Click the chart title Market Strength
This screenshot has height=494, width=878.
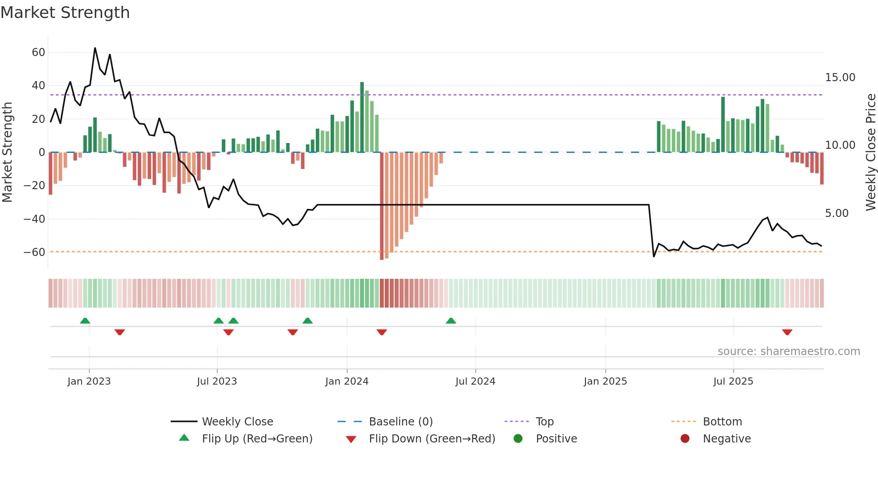click(65, 13)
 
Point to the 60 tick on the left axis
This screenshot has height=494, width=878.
click(39, 52)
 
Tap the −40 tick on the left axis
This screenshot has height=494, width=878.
click(34, 219)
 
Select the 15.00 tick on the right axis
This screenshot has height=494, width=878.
click(840, 78)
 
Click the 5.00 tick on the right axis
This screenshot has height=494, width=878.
click(836, 213)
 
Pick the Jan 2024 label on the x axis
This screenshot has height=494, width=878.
click(347, 381)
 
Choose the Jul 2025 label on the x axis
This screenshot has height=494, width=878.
click(733, 381)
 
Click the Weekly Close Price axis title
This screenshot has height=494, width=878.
click(870, 152)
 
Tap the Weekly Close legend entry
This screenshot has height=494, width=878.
click(237, 422)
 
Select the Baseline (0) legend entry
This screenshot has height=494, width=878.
click(400, 422)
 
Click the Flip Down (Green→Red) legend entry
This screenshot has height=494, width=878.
click(431, 439)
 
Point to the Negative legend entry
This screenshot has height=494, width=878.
click(726, 439)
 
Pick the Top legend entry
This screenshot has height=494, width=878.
click(544, 422)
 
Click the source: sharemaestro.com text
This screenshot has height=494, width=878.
click(788, 351)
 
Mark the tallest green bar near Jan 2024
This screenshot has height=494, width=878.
click(362, 117)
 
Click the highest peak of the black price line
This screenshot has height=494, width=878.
click(95, 48)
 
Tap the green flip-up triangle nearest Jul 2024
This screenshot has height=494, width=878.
click(451, 321)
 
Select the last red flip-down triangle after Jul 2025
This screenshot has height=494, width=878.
click(787, 332)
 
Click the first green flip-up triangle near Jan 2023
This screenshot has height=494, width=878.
click(85, 321)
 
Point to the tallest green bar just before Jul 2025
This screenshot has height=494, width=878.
click(723, 124)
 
